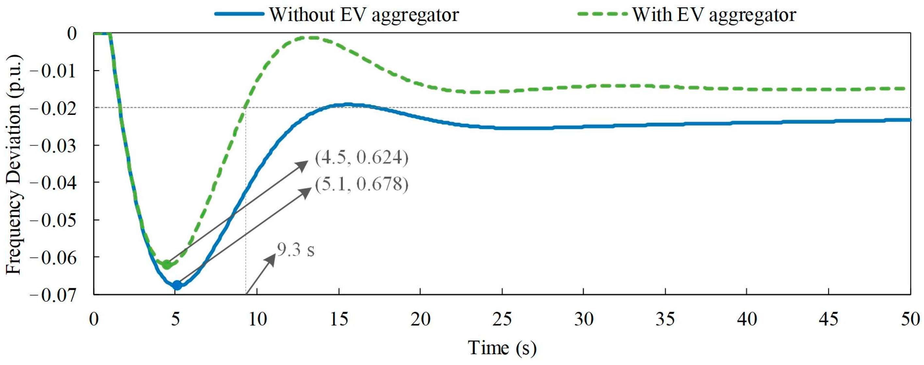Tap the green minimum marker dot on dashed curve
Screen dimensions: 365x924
click(167, 264)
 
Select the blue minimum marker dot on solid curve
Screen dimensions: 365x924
click(177, 285)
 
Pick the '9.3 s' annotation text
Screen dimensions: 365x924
click(296, 250)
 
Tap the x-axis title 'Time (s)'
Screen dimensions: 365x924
click(502, 347)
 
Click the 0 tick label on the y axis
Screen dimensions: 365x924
click(72, 34)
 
